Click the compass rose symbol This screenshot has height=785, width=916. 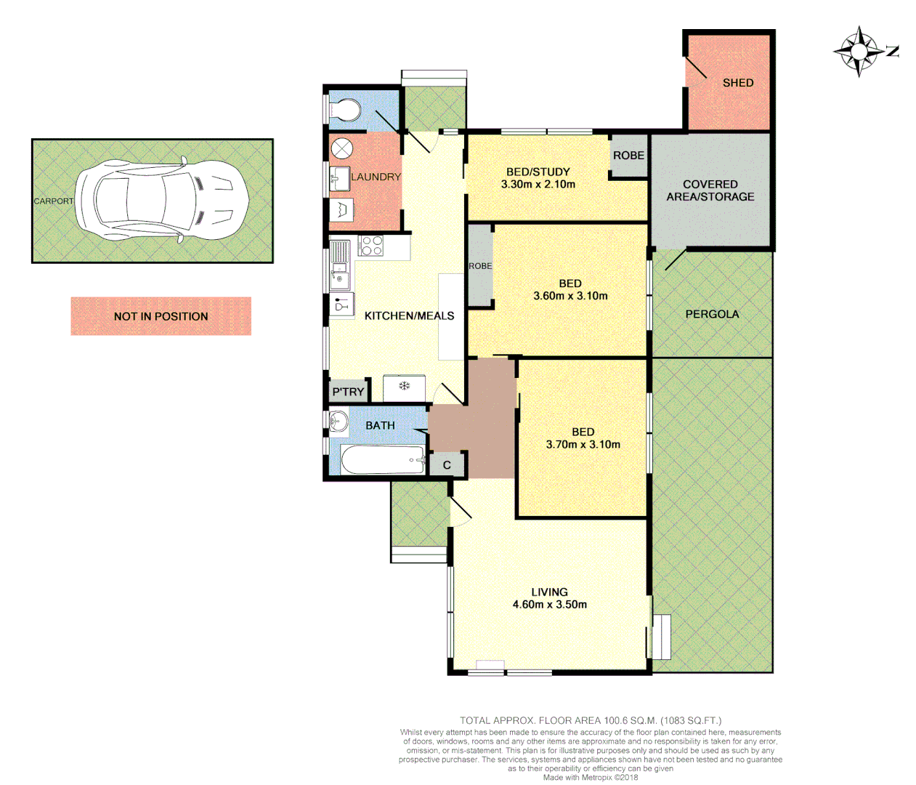click(860, 51)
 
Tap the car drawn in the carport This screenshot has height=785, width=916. click(163, 200)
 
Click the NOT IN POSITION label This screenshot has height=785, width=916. click(161, 316)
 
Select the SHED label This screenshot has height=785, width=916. click(737, 83)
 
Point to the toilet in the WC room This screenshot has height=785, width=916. click(344, 110)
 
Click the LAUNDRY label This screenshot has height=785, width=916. click(376, 177)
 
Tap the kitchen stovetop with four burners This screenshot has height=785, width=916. click(371, 246)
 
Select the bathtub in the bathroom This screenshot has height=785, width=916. click(383, 460)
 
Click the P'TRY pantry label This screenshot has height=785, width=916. click(348, 392)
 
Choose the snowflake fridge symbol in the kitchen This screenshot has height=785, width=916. click(404, 386)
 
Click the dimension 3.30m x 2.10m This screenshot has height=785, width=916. click(538, 185)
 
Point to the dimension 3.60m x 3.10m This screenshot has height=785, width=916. click(570, 296)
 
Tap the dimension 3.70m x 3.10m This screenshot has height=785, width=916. click(583, 444)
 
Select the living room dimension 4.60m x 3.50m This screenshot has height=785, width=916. click(549, 604)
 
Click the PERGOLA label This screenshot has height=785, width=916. click(712, 314)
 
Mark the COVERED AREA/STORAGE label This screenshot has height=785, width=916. click(710, 190)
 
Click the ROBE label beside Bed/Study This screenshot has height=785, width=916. click(628, 156)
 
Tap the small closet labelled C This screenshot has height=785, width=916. click(447, 465)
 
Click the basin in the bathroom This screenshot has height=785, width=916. click(339, 421)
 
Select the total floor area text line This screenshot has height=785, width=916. click(590, 720)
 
